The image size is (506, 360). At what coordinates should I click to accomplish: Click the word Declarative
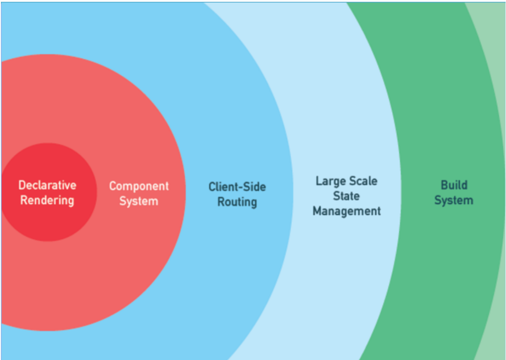tap(47, 185)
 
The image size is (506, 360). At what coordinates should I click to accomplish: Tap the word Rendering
tap(47, 200)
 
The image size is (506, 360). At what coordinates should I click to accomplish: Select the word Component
tap(139, 186)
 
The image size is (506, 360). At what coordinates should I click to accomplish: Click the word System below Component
tap(139, 201)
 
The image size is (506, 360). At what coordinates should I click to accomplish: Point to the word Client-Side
tap(237, 187)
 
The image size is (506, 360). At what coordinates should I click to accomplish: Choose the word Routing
tap(237, 202)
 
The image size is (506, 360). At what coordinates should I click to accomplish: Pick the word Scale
tap(363, 181)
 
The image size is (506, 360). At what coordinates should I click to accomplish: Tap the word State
tap(347, 196)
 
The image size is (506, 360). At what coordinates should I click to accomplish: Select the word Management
tap(347, 211)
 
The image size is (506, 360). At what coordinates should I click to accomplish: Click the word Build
tap(454, 185)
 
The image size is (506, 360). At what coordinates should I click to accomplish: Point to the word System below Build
tap(453, 200)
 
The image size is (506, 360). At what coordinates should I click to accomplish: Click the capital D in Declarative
tap(21, 185)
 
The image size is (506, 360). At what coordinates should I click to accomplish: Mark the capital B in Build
tap(444, 185)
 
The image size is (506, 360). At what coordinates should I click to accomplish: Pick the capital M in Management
tap(317, 211)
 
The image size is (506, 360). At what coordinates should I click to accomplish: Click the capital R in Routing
tap(221, 202)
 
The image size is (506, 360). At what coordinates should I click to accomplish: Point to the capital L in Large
tap(318, 181)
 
